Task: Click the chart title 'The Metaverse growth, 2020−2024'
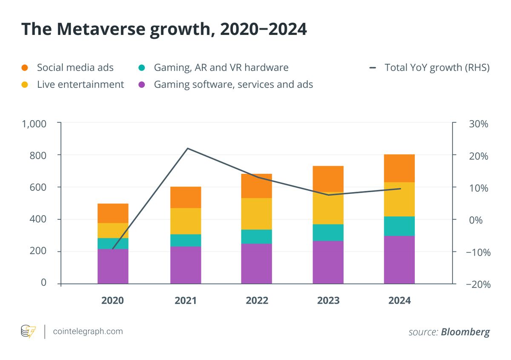(x=164, y=29)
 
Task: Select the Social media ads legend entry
(x=75, y=67)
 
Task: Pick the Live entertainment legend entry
(x=80, y=84)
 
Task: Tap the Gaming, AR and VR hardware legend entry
(x=221, y=67)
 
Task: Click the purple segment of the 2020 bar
(x=113, y=266)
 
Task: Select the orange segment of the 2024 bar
(x=399, y=168)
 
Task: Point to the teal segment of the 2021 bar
(x=186, y=240)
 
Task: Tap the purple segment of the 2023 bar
(x=328, y=262)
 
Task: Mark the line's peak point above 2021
(x=187, y=148)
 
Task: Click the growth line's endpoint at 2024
(x=400, y=188)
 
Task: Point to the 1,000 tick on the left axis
(x=34, y=124)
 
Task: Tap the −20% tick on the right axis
(x=478, y=284)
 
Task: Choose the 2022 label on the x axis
(x=257, y=301)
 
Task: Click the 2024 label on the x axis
(x=399, y=301)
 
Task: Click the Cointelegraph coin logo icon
(x=29, y=331)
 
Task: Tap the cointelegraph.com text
(x=88, y=331)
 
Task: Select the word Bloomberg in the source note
(x=465, y=332)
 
